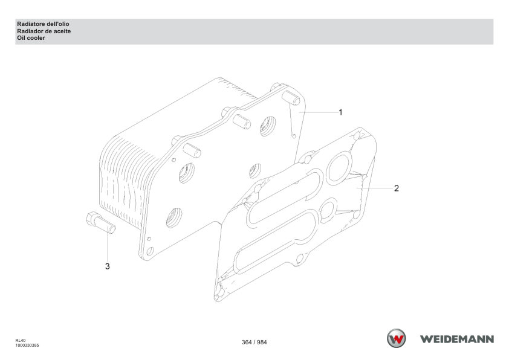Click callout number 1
click(x=340, y=112)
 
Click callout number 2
click(x=397, y=188)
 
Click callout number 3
click(x=108, y=266)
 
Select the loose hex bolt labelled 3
click(x=100, y=222)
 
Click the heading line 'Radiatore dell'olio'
click(x=43, y=24)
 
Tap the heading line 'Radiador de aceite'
click(x=44, y=31)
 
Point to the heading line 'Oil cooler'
click(x=31, y=38)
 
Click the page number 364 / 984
click(x=254, y=342)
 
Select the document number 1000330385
click(x=27, y=346)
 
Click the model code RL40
click(x=20, y=341)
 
